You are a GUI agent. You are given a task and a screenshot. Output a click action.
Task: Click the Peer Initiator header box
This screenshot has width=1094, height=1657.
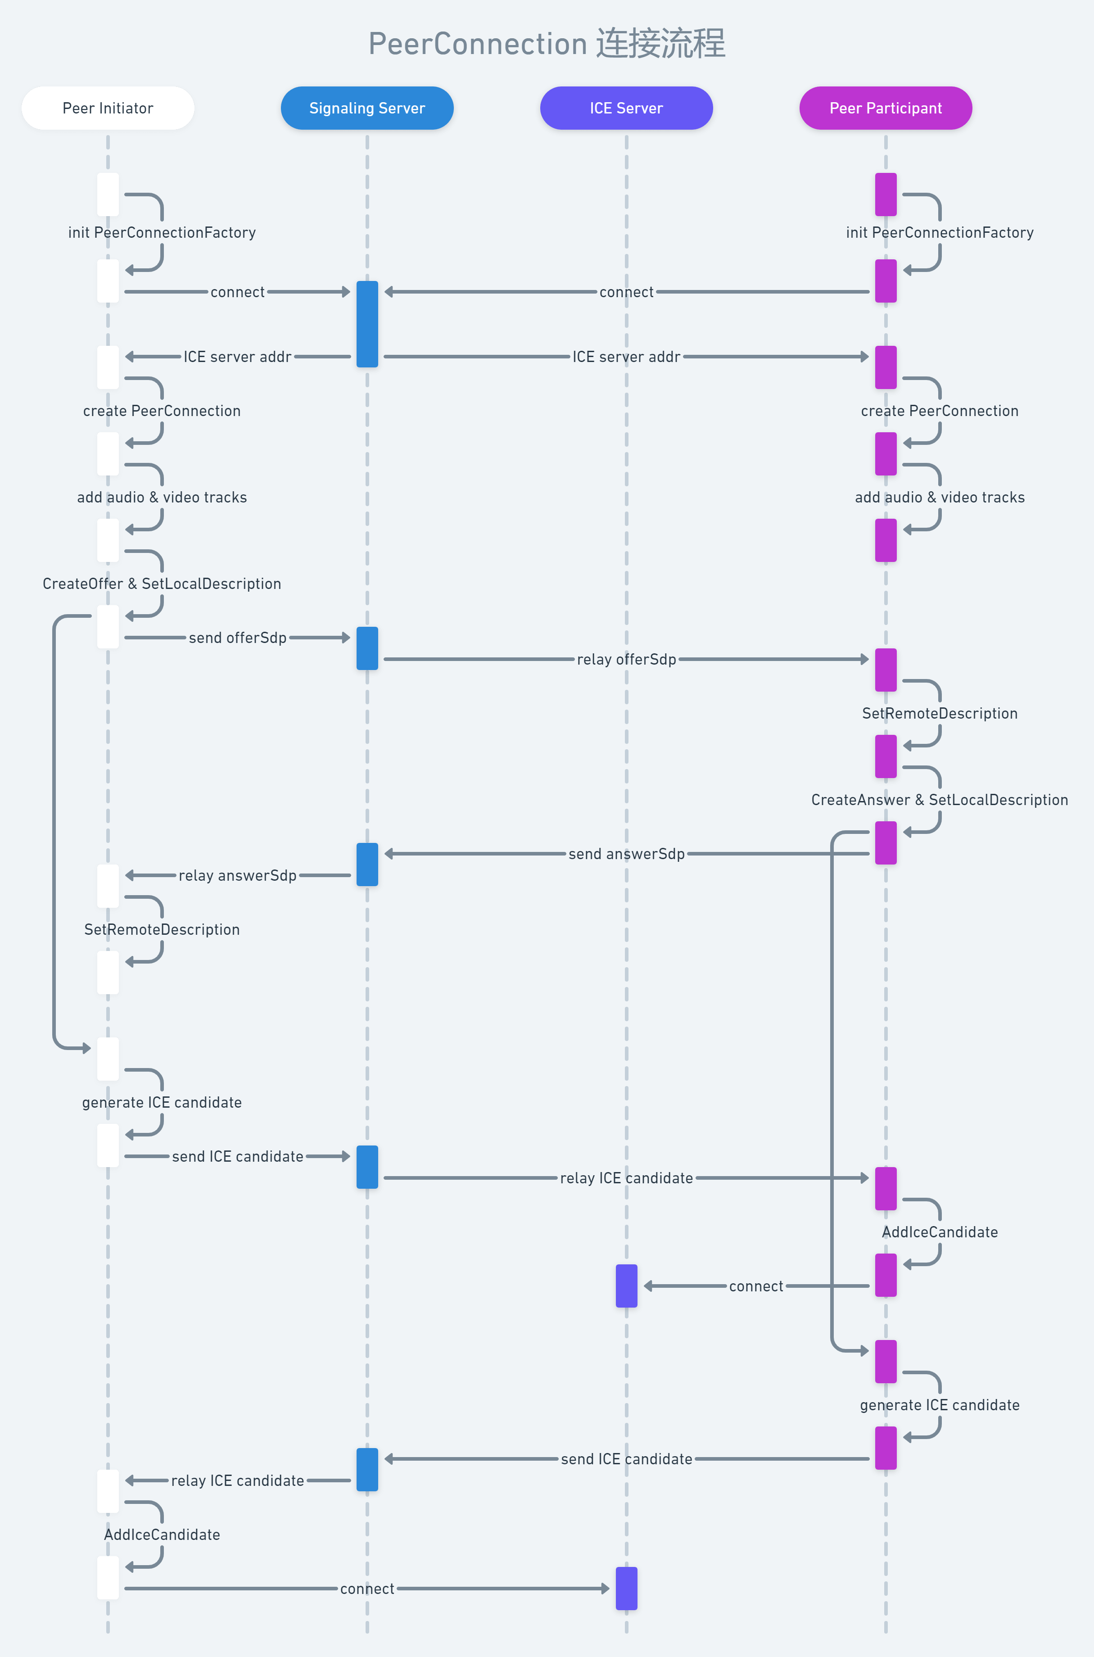(x=108, y=108)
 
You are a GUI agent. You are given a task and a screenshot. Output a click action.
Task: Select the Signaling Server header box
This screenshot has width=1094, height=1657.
(x=367, y=108)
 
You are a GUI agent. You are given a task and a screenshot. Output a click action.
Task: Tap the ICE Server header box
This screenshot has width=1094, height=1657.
(x=626, y=108)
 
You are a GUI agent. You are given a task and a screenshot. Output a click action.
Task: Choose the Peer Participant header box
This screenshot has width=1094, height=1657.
(x=886, y=108)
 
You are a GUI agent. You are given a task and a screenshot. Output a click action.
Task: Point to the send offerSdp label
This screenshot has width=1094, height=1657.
(x=237, y=638)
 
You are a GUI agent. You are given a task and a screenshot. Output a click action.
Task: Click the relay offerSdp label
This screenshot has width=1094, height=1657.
(x=626, y=659)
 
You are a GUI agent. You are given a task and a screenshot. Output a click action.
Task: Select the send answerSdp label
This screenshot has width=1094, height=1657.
(x=626, y=854)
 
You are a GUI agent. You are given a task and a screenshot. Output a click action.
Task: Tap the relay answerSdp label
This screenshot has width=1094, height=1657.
(x=237, y=876)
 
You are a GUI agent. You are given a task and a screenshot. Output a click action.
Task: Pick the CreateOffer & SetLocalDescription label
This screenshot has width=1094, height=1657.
(x=162, y=584)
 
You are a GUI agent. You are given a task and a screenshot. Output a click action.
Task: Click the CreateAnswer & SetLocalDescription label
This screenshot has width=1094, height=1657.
(x=939, y=800)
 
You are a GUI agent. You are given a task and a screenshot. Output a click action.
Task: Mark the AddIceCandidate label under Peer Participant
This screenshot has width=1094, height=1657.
(x=939, y=1232)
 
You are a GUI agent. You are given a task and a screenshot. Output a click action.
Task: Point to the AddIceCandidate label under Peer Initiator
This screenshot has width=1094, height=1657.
(x=162, y=1535)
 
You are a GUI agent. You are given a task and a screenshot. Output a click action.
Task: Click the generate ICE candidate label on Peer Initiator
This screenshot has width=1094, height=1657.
(x=162, y=1102)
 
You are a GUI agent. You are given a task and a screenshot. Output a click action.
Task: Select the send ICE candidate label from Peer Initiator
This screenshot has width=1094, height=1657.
(x=237, y=1157)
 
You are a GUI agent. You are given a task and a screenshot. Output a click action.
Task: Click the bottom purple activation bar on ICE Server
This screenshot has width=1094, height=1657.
(x=626, y=1589)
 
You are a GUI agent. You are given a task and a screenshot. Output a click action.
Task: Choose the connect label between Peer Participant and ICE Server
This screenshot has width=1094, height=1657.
(x=755, y=1286)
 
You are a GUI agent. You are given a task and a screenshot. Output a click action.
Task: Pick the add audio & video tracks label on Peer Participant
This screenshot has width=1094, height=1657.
(x=939, y=498)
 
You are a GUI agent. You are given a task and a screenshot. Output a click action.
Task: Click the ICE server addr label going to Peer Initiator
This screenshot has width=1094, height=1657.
(x=237, y=357)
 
